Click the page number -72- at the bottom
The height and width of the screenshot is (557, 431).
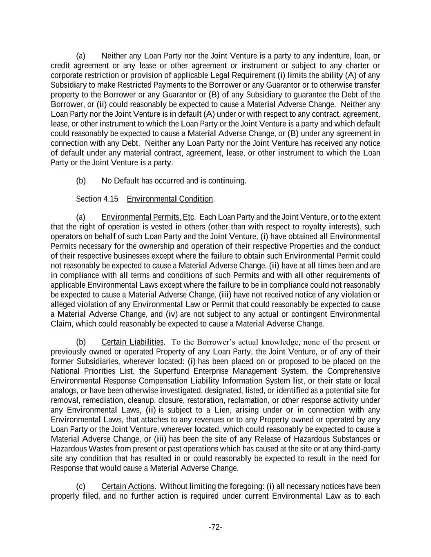coord(215,528)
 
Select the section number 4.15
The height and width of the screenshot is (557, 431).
coord(110,199)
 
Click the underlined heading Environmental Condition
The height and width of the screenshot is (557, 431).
coord(170,199)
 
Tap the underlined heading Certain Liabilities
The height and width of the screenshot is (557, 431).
coord(132,342)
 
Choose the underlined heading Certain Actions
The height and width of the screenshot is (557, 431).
coord(128,486)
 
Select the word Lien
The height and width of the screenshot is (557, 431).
coord(222,410)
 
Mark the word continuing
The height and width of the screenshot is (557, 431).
coord(228,181)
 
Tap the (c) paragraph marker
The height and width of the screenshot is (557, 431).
coord(81,486)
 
